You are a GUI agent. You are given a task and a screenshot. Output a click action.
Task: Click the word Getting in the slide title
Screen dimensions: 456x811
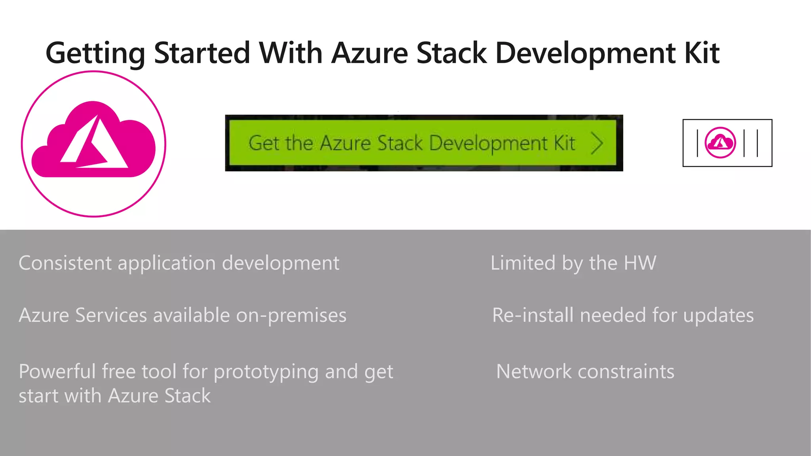(x=95, y=54)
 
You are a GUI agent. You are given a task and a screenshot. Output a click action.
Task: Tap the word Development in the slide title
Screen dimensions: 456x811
(x=585, y=54)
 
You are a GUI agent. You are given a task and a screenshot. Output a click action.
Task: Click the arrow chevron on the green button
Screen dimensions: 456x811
(x=597, y=143)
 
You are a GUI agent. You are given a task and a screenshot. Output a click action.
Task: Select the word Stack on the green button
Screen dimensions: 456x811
(x=400, y=143)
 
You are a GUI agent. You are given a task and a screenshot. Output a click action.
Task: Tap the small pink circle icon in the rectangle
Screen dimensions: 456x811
(x=720, y=142)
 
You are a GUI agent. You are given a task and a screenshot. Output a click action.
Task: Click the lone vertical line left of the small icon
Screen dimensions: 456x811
(x=697, y=143)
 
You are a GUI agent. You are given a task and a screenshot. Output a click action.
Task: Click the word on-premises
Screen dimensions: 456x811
(x=291, y=316)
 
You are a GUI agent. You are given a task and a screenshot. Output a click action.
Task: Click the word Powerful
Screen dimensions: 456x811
(x=57, y=372)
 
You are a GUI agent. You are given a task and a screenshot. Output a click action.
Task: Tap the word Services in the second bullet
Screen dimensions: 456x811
(x=111, y=315)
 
